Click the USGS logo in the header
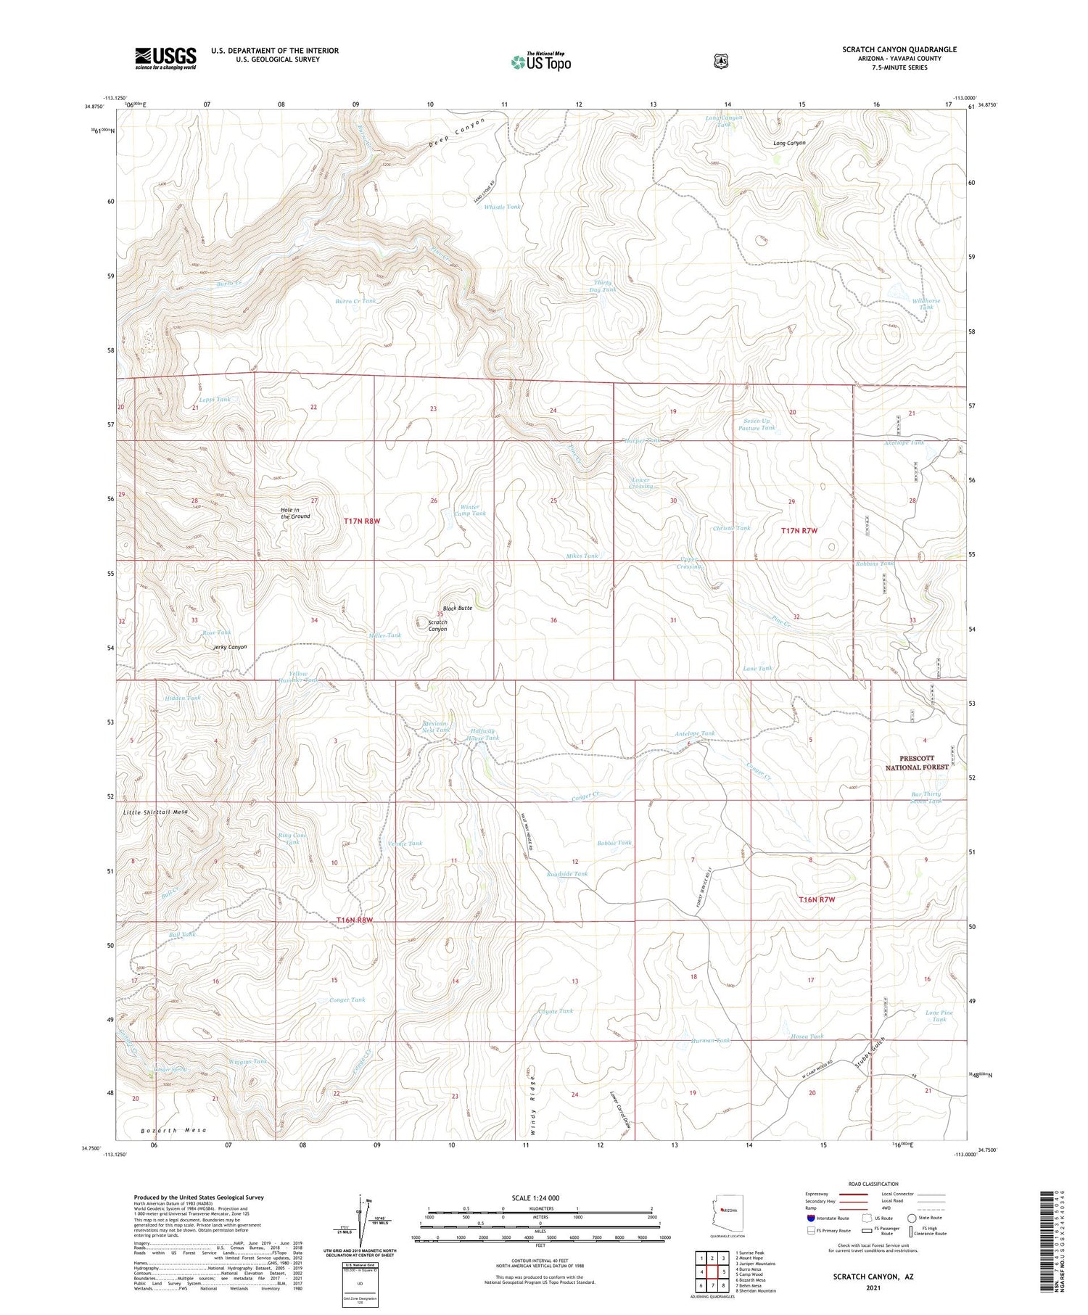coord(165,58)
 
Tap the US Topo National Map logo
coord(540,62)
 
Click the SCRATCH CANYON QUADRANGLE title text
coord(899,49)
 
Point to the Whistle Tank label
coord(502,207)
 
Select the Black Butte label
coord(458,608)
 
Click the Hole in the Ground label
coord(295,513)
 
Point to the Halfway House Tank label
coord(485,734)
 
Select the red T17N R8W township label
coord(362,521)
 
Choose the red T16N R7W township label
coord(817,899)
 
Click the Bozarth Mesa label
coord(173,1130)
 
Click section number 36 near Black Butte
coord(553,620)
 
